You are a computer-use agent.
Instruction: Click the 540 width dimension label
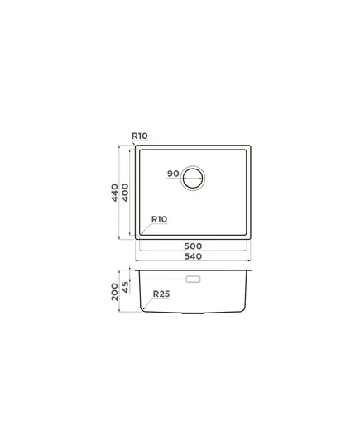193,256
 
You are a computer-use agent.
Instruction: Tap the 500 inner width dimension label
193,246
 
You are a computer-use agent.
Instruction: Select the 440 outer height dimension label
114,193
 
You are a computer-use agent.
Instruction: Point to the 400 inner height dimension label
125,193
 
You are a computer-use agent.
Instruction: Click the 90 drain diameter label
173,174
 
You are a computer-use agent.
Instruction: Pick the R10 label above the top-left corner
140,136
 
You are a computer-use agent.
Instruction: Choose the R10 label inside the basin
159,219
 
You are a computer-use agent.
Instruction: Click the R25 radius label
161,294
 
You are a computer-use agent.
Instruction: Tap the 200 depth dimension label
114,292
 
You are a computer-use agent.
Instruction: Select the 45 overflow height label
125,287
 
